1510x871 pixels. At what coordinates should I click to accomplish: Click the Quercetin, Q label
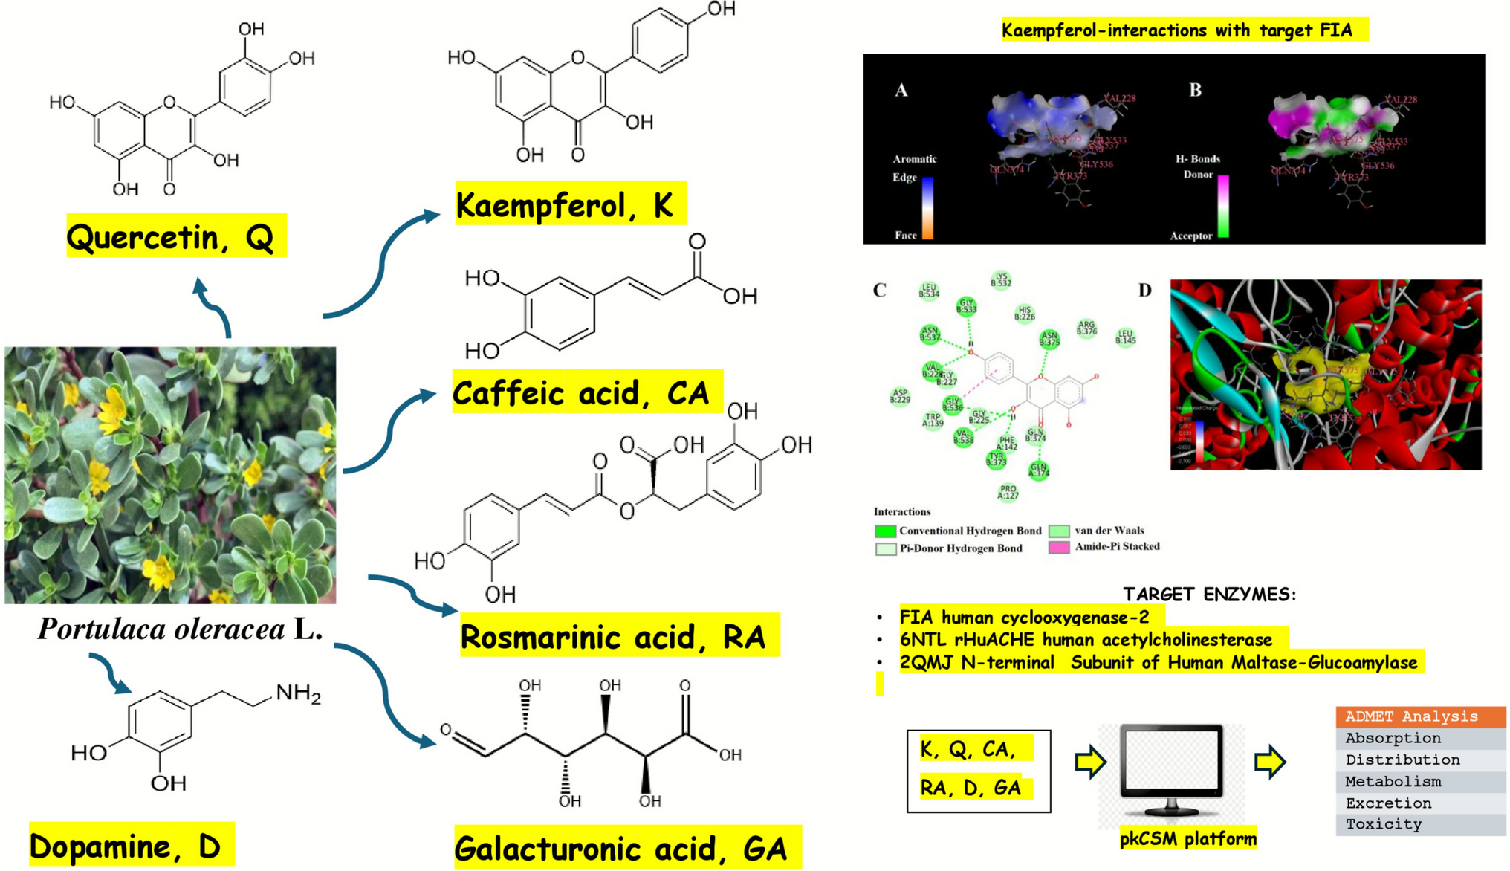pyautogui.click(x=175, y=237)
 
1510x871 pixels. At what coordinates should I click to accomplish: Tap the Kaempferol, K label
pyautogui.click(x=568, y=204)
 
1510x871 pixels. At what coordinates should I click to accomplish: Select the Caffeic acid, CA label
pyautogui.click(x=586, y=392)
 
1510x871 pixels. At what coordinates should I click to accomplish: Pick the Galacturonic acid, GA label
pyautogui.click(x=626, y=848)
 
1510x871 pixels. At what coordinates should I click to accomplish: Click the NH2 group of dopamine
pyautogui.click(x=298, y=693)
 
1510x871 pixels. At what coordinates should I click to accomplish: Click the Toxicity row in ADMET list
pyautogui.click(x=1384, y=824)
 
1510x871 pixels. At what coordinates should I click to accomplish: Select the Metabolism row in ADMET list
pyautogui.click(x=1393, y=781)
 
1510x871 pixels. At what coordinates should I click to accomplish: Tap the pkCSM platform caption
pyautogui.click(x=1187, y=839)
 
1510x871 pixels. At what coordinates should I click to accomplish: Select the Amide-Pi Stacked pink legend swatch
pyautogui.click(x=1059, y=548)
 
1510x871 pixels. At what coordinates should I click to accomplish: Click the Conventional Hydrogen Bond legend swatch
pyautogui.click(x=885, y=531)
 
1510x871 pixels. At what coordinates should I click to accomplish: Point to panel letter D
pyautogui.click(x=1144, y=291)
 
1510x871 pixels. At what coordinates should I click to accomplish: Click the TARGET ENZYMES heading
pyautogui.click(x=1209, y=595)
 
